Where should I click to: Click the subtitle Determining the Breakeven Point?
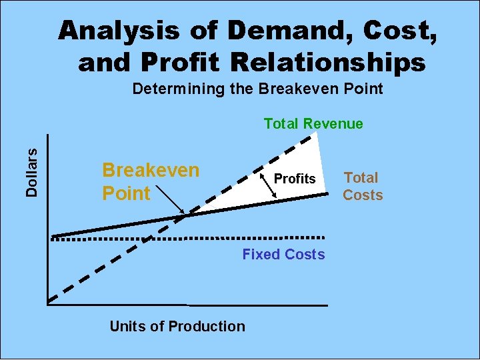click(257, 89)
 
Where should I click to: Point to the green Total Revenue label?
click(313, 123)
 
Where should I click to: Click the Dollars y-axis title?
click(31, 173)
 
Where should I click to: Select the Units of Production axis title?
click(177, 326)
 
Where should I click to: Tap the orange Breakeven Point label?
click(150, 181)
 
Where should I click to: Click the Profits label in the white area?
click(295, 179)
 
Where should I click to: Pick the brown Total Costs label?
click(362, 186)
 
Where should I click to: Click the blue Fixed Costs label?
click(283, 254)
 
